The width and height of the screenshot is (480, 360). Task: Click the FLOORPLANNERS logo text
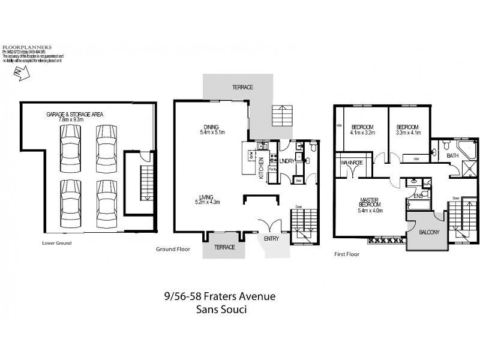[27, 46]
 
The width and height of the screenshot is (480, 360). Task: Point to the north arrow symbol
[20, 73]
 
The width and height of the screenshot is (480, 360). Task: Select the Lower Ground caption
[57, 243]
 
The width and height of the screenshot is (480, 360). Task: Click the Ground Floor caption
[173, 248]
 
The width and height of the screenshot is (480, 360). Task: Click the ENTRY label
[272, 238]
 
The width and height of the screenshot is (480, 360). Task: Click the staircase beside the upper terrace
[281, 115]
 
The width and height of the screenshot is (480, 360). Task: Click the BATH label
[453, 156]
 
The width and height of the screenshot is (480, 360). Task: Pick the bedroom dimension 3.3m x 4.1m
[409, 133]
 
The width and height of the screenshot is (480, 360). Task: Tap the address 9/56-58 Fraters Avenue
[220, 296]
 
